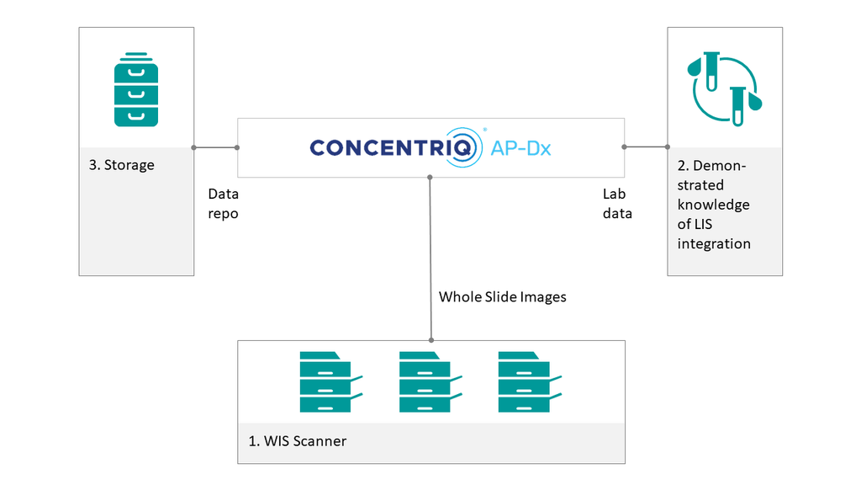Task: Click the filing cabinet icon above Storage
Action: (136, 90)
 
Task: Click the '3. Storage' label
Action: (122, 165)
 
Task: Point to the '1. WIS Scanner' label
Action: (298, 441)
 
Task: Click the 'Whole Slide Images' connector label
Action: (503, 296)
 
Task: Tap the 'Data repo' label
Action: (224, 204)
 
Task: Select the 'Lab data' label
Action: (617, 204)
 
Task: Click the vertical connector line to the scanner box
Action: (430, 253)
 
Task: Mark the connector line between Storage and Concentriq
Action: (215, 147)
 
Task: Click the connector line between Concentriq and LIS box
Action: (646, 147)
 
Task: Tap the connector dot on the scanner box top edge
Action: (430, 340)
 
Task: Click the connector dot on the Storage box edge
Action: (194, 147)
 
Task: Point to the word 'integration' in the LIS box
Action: (714, 243)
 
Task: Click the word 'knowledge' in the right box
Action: (714, 205)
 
